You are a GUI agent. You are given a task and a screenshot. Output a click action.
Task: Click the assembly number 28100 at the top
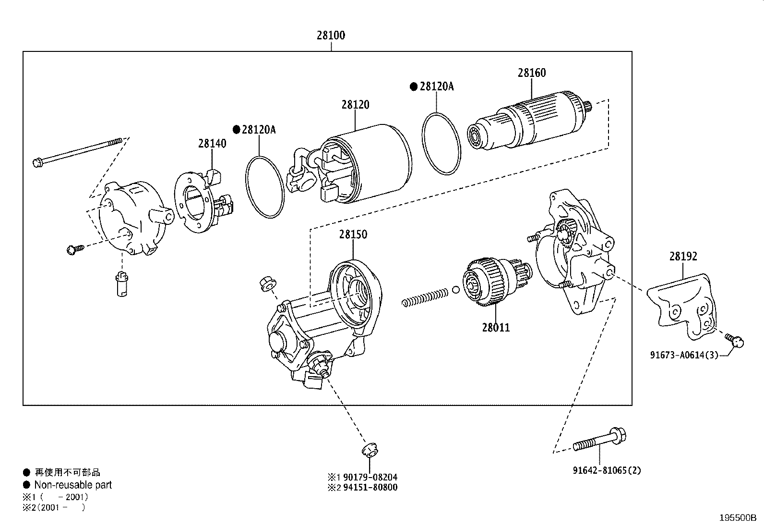(x=331, y=35)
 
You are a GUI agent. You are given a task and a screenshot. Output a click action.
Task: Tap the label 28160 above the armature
(x=532, y=73)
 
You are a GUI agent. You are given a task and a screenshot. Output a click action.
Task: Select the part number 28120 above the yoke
(x=355, y=104)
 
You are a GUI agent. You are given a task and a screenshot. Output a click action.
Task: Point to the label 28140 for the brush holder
(x=212, y=143)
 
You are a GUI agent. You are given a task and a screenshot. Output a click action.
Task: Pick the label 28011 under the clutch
(x=496, y=328)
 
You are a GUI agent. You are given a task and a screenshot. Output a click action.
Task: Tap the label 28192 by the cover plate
(x=683, y=257)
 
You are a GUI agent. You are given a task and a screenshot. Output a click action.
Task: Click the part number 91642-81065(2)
(x=607, y=470)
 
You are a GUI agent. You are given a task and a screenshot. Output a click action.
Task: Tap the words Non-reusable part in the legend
(x=73, y=485)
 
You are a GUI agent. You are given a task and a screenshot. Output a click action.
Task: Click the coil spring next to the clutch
(x=425, y=296)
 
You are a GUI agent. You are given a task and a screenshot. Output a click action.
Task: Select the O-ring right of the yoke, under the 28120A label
(x=441, y=143)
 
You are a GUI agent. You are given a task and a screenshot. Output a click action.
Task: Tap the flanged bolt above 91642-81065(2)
(x=600, y=440)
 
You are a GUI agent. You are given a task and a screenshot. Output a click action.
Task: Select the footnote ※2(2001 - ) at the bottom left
(x=54, y=507)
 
